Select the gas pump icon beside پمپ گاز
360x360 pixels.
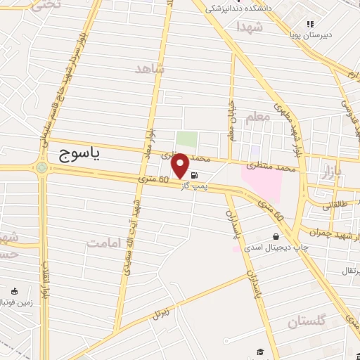click(193, 175)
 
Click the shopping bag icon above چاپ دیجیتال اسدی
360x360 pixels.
click(275, 237)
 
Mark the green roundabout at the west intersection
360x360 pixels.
click(42, 167)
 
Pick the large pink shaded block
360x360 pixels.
click(264, 182)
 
